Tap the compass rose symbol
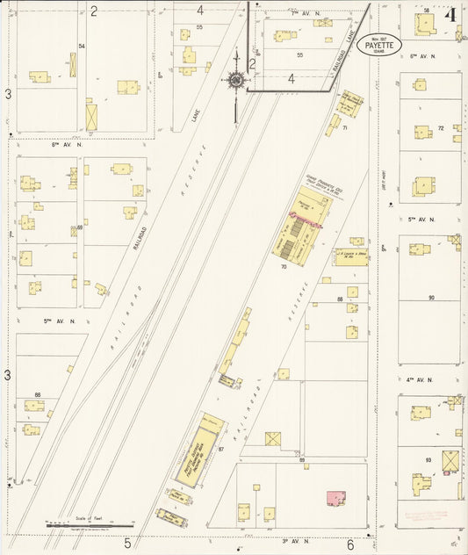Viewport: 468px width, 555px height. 235,82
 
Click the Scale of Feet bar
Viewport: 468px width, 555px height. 83,524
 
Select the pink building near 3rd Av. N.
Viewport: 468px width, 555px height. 335,498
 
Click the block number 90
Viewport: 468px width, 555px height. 431,298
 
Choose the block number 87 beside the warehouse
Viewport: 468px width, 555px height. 221,450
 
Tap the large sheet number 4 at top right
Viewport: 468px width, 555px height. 450,15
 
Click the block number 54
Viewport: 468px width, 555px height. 81,46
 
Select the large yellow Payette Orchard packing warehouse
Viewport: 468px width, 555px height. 198,449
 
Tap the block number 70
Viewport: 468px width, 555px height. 284,266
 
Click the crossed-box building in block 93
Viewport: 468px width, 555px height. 450,460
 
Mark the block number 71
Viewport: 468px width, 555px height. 345,128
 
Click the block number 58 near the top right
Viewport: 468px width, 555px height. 427,10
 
